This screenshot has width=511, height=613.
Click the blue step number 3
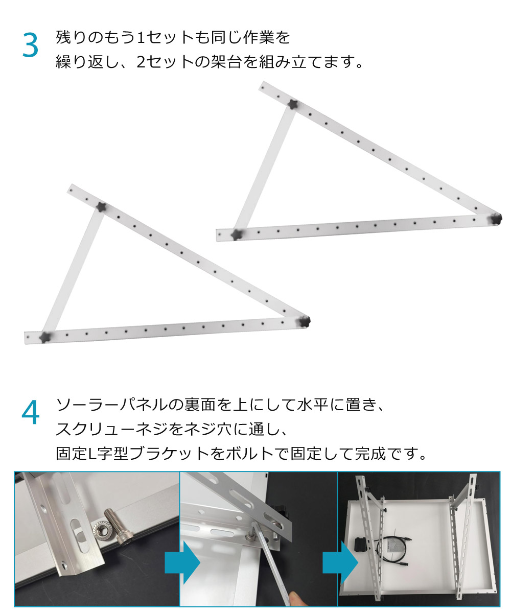pos(30,45)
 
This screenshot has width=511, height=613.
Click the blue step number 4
pos(31,412)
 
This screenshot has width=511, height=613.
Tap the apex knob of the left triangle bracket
pos(101,207)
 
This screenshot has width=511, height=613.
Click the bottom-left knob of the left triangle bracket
pos(45,337)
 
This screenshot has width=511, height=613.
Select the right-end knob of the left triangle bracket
pos(304,321)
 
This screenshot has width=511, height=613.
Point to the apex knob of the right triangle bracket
pos(292,104)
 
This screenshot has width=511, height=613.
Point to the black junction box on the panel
pos(363,546)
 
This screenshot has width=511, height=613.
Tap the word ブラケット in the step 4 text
pos(169,454)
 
